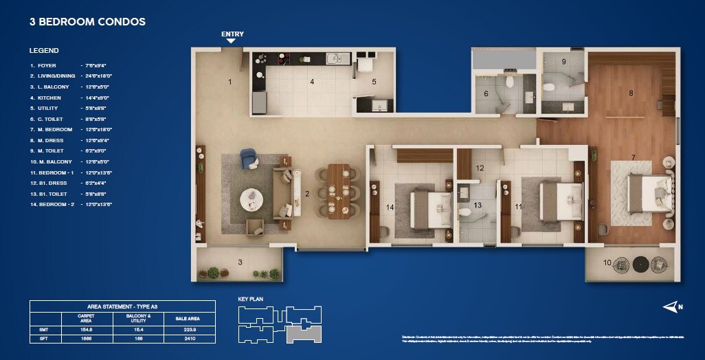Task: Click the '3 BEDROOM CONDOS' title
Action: (87, 22)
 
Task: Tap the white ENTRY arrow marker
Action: (232, 41)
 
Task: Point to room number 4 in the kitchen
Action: (312, 82)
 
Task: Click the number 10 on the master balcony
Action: (607, 262)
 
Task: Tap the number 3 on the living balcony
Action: (240, 262)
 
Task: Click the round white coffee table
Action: (251, 200)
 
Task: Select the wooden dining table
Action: (339, 190)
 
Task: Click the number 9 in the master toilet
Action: (564, 62)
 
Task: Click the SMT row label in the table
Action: (44, 329)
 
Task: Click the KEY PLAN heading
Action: (250, 299)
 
